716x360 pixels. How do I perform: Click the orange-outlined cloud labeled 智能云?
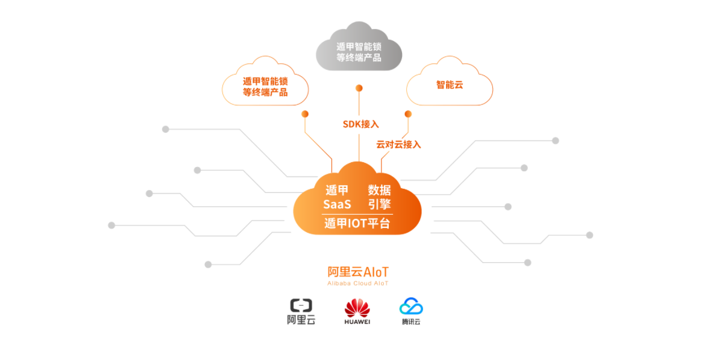(x=450, y=82)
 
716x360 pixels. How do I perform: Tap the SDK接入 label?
(x=361, y=124)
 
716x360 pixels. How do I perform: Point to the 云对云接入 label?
(x=398, y=144)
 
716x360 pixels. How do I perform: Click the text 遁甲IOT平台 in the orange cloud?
(x=357, y=223)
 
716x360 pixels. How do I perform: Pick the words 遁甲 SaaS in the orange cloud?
(x=337, y=197)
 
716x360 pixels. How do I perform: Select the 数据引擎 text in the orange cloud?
(x=379, y=197)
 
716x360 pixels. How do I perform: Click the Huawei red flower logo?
(x=357, y=308)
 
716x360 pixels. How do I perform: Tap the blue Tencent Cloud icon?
(x=411, y=306)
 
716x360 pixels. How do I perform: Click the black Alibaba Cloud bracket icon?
(x=301, y=305)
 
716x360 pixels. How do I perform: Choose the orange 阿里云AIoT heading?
(x=358, y=273)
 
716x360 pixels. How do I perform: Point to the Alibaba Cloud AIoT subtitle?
(x=358, y=283)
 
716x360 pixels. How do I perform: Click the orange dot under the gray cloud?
(x=359, y=87)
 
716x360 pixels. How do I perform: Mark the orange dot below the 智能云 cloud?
(x=408, y=114)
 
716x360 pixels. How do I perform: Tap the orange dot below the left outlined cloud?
(x=305, y=114)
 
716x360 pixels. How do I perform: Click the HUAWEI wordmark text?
(x=357, y=321)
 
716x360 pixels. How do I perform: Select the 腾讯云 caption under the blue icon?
(x=411, y=321)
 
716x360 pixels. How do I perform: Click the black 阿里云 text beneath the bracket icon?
(x=301, y=320)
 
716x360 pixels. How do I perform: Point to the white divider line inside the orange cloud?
(x=357, y=214)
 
